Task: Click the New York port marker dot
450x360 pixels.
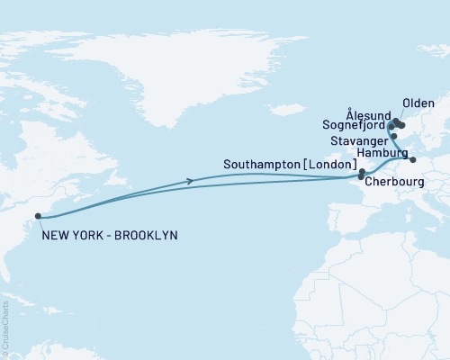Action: point(37,216)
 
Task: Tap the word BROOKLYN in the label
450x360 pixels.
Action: point(148,236)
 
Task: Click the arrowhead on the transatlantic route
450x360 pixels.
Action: point(190,181)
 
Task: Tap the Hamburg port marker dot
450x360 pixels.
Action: point(413,160)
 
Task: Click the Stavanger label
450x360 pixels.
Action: point(359,141)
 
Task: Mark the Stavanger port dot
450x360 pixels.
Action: point(394,136)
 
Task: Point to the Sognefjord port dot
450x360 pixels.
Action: point(390,126)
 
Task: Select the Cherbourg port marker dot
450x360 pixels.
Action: point(361,177)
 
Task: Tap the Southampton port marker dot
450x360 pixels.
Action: point(362,171)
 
